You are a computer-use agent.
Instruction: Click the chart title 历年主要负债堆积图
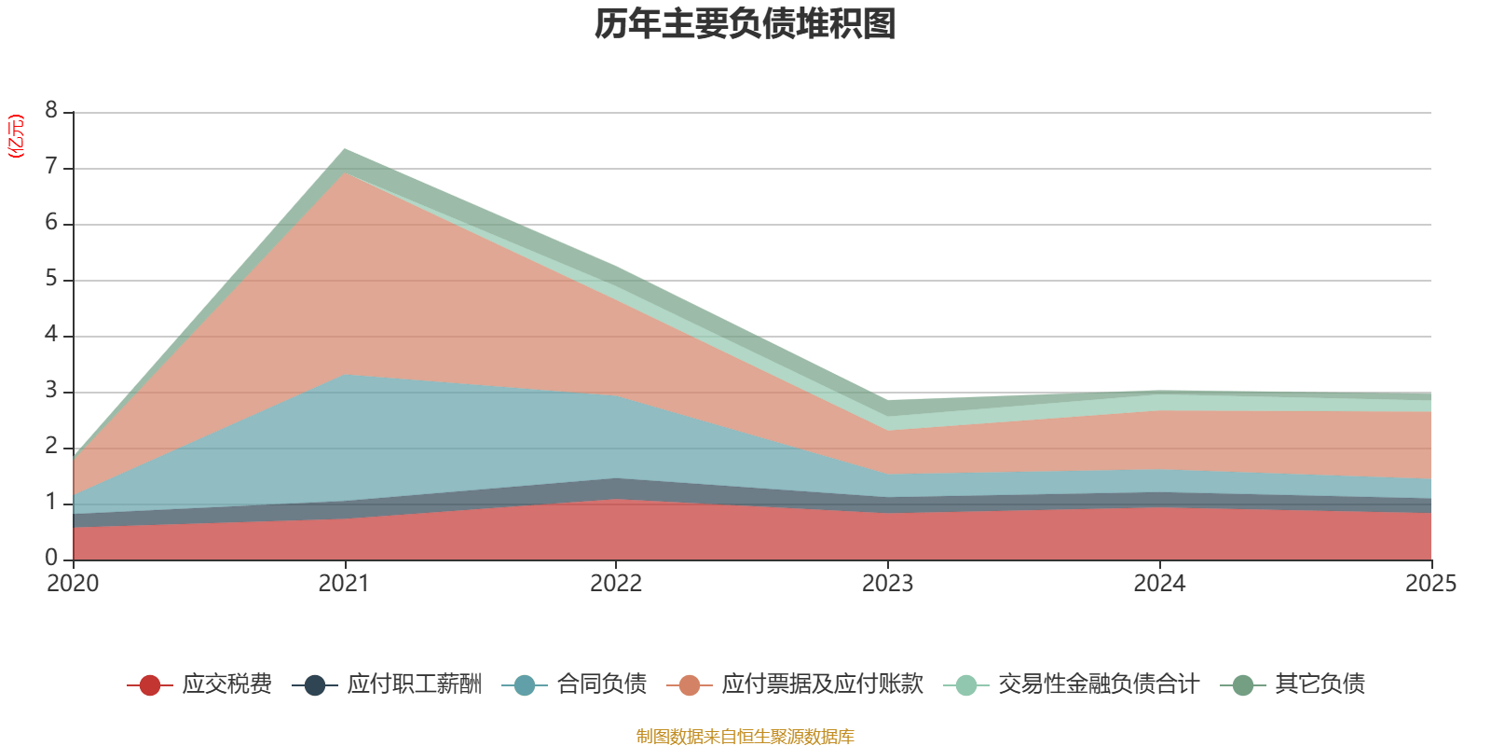745,24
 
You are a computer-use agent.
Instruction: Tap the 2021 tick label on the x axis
344,584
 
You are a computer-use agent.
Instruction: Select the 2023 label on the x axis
887,584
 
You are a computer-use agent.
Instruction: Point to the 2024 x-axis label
1159,584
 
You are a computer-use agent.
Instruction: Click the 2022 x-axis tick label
616,584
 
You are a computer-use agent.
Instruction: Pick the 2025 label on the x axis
1429,584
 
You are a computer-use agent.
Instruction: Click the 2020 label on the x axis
73,584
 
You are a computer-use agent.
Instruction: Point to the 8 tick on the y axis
51,111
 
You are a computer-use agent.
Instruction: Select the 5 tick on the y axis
51,279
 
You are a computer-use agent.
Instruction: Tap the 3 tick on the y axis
51,391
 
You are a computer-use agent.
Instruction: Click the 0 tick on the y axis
51,558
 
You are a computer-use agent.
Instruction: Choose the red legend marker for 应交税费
149,685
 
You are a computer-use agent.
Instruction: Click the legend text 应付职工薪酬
415,684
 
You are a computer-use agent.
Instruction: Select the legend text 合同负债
601,684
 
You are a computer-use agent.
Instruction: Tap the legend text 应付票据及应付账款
822,684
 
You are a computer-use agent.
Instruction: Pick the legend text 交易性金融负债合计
1098,684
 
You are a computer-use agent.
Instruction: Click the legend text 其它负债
1320,684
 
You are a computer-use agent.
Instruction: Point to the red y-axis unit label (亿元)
16,136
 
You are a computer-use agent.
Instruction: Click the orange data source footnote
745,737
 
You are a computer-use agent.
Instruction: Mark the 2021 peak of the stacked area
345,149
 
